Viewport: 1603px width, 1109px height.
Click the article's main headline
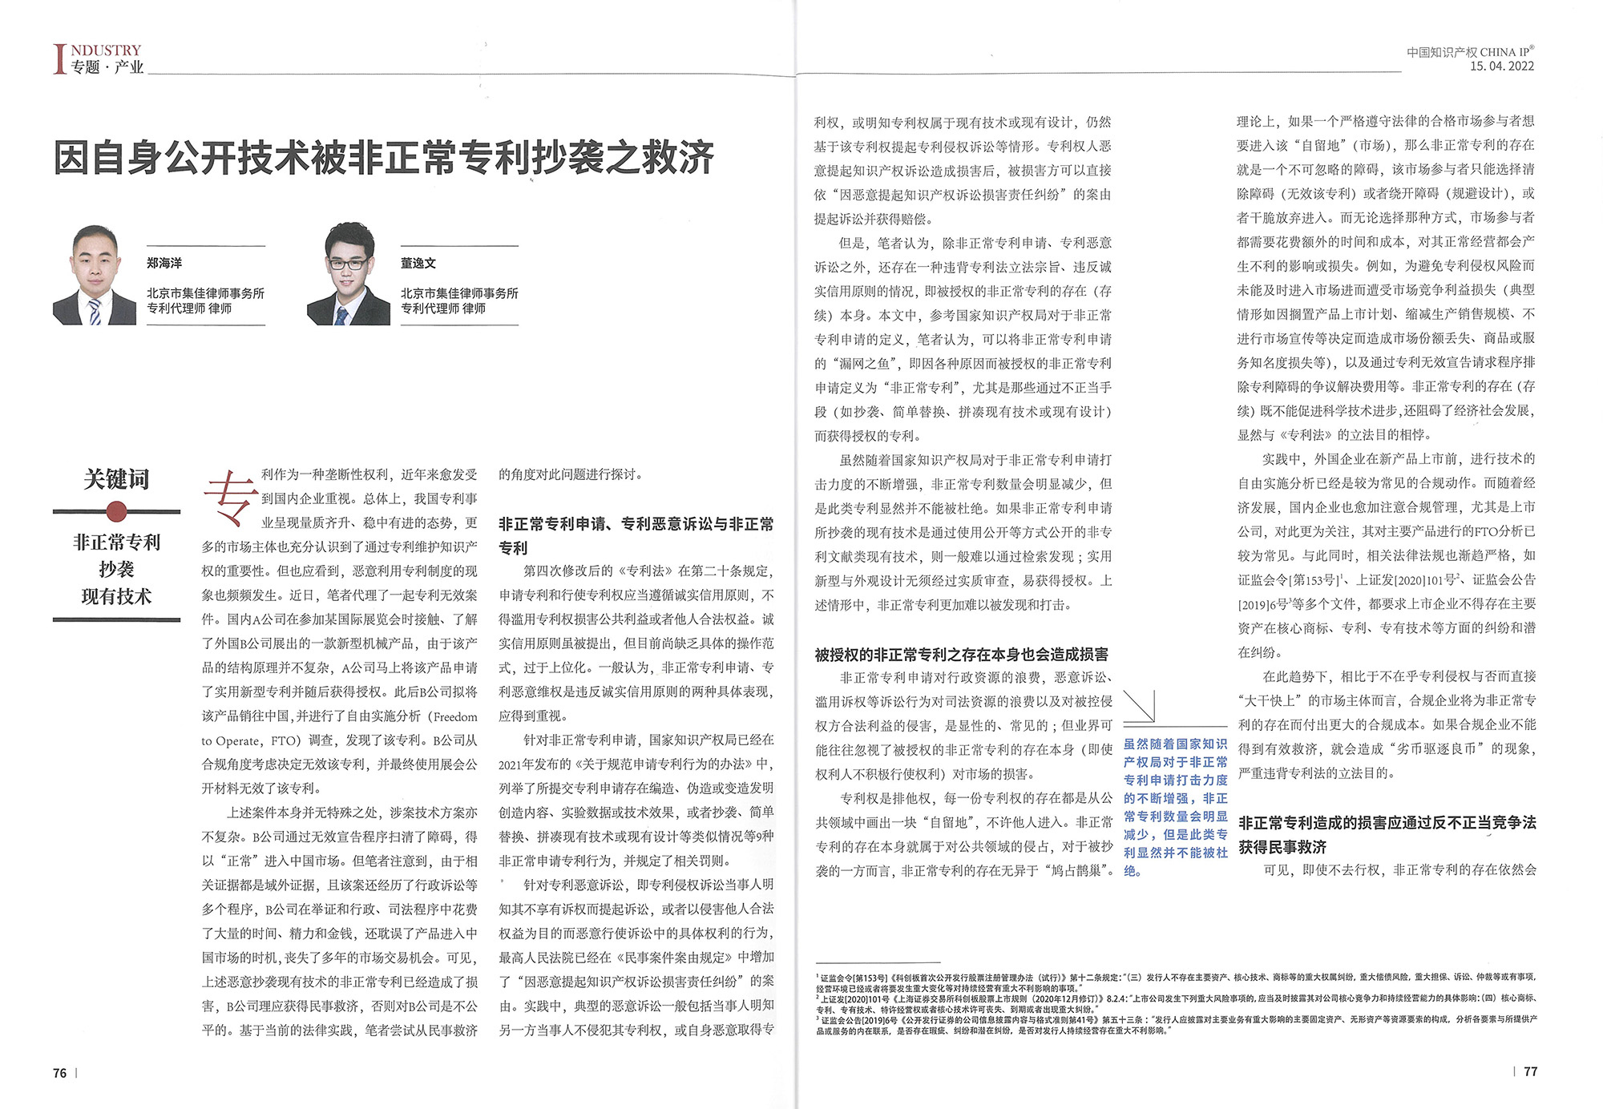point(383,157)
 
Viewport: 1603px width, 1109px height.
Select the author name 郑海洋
point(164,263)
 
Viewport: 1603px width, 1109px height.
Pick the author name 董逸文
point(418,263)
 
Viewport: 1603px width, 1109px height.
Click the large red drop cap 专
point(230,498)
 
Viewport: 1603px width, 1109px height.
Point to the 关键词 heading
point(116,479)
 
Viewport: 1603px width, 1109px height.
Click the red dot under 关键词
point(116,511)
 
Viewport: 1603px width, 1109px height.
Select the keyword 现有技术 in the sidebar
point(116,596)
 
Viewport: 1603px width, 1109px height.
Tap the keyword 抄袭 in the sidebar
point(116,569)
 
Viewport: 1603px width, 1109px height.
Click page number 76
point(60,1073)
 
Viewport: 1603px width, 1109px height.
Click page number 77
point(1530,1071)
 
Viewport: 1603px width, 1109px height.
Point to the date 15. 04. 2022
point(1501,67)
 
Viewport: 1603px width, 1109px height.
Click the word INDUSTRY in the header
point(106,50)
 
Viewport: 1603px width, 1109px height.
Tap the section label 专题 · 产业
point(107,67)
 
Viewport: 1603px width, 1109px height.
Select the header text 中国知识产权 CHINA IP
point(1470,52)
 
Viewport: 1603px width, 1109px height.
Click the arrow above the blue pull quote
point(1139,706)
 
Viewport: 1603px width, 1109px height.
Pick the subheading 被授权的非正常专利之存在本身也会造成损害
point(961,655)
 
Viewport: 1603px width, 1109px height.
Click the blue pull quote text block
point(1175,807)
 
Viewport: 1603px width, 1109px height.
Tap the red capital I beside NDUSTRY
point(59,59)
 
